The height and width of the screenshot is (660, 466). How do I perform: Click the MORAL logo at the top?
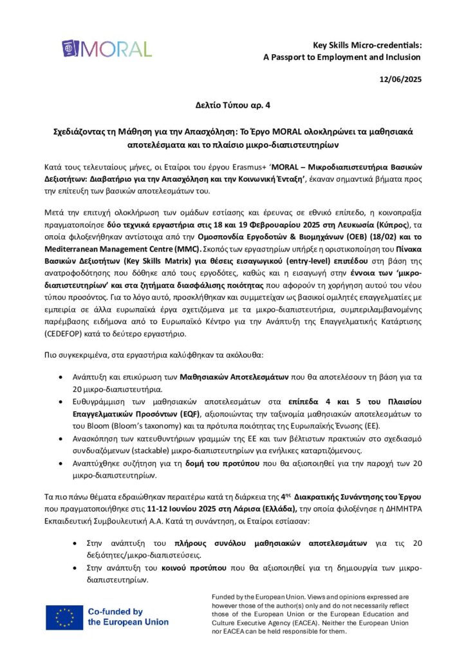107,49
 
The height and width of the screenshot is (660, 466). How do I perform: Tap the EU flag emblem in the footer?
64,617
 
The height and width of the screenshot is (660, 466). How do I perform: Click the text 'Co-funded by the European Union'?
127,617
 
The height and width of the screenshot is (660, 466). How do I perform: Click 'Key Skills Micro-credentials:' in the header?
367,45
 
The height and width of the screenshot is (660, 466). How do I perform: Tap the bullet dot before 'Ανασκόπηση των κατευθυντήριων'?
61,440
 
